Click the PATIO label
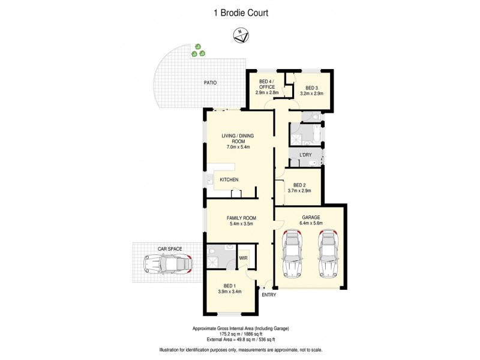click(209, 83)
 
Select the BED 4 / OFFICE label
click(266, 84)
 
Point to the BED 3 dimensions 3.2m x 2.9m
click(311, 94)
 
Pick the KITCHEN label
click(229, 180)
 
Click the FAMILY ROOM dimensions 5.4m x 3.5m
click(241, 224)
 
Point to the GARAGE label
click(310, 217)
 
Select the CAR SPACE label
click(170, 248)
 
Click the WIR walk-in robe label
click(244, 258)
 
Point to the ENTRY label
click(269, 295)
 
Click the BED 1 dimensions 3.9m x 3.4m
click(229, 292)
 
